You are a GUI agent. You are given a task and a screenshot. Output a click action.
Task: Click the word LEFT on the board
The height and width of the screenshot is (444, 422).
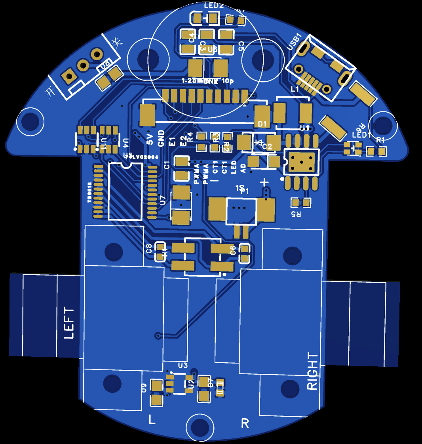69,323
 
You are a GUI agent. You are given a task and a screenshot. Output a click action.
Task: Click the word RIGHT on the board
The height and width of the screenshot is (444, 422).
313,371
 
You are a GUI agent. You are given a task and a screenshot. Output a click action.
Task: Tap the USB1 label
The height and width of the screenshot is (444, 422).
295,41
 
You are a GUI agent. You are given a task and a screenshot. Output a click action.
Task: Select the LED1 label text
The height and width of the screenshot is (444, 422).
361,135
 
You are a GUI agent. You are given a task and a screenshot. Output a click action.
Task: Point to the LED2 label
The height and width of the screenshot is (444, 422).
214,6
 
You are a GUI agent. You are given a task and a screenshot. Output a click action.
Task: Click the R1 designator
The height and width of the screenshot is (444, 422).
380,140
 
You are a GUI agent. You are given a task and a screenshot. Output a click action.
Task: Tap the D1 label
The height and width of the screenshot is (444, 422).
262,124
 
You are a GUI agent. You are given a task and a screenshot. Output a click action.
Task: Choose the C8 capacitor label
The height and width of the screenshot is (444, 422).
149,249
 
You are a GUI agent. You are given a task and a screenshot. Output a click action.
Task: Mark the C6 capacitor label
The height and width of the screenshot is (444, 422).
233,250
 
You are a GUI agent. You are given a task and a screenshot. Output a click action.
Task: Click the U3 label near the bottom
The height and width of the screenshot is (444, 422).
183,365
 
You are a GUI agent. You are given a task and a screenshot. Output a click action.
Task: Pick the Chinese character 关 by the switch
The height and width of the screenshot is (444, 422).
116,43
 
